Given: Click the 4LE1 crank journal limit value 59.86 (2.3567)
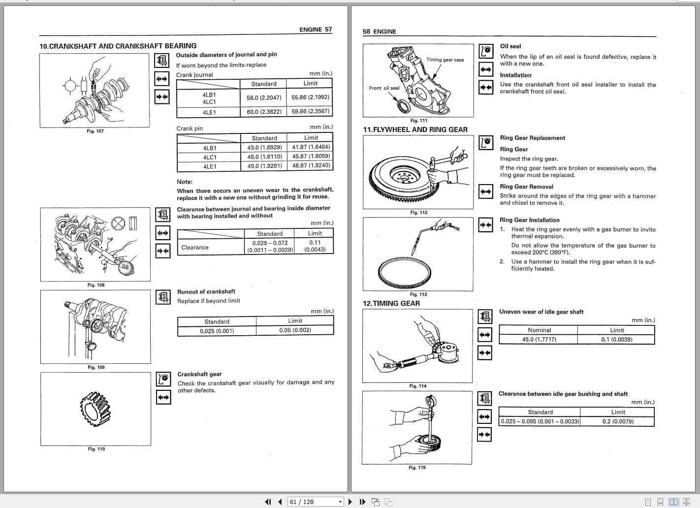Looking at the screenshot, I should point(311,111).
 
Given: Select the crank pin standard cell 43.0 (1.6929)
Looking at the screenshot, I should point(264,147).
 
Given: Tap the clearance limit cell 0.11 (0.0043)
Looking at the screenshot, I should point(315,246).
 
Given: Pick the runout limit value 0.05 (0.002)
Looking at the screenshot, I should point(295,330).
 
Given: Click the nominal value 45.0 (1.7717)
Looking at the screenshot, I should point(539,339).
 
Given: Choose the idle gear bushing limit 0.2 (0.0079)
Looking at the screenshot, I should point(618,421).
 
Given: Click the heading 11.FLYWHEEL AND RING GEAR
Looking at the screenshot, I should point(415,129).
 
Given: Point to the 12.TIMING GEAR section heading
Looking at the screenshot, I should point(391,303).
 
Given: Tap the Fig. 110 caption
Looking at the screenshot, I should point(96,449).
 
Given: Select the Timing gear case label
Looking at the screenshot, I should point(445,60).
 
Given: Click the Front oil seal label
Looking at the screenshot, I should point(384,88).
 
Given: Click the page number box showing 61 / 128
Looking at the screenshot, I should point(315,502).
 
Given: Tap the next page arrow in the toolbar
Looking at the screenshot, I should point(350,502).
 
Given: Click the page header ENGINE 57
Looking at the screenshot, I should point(316,30).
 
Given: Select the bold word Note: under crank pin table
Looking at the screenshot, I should point(185,182).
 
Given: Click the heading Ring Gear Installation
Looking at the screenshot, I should point(529,220).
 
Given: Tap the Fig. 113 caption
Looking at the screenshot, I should point(418,294).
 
